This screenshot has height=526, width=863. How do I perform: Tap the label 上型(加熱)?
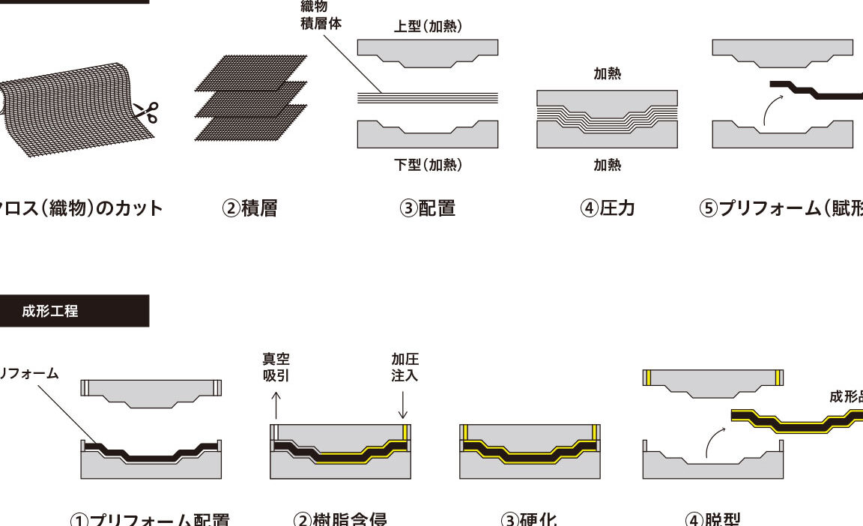tap(428, 27)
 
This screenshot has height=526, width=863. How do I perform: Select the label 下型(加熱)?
tap(428, 165)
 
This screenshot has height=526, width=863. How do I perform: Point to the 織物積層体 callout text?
tap(320, 15)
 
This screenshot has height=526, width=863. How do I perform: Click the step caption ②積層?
tap(250, 208)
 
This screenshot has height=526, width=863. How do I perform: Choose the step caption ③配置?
tap(428, 208)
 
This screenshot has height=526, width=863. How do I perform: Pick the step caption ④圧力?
tap(608, 208)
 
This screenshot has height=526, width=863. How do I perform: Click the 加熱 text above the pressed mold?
tap(608, 73)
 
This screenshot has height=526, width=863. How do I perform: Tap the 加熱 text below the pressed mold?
tap(608, 165)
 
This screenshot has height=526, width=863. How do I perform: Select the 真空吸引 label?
tap(276, 367)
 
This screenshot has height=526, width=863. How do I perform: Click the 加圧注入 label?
tap(405, 367)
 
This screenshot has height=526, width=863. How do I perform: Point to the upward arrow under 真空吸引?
tap(276, 405)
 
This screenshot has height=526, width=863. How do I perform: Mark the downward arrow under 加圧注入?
tap(405, 405)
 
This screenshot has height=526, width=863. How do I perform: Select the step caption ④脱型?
tap(712, 519)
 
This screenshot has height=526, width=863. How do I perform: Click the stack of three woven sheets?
tap(251, 97)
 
